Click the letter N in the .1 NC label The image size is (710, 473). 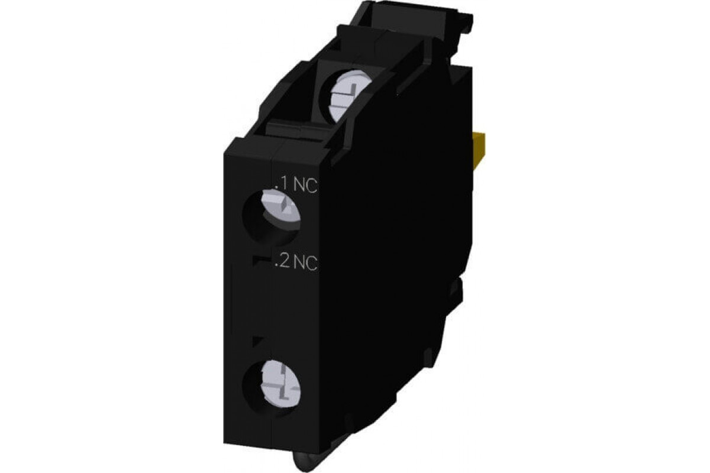(299, 186)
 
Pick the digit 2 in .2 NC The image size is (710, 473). (282, 263)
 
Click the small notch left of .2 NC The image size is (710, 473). (257, 260)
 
